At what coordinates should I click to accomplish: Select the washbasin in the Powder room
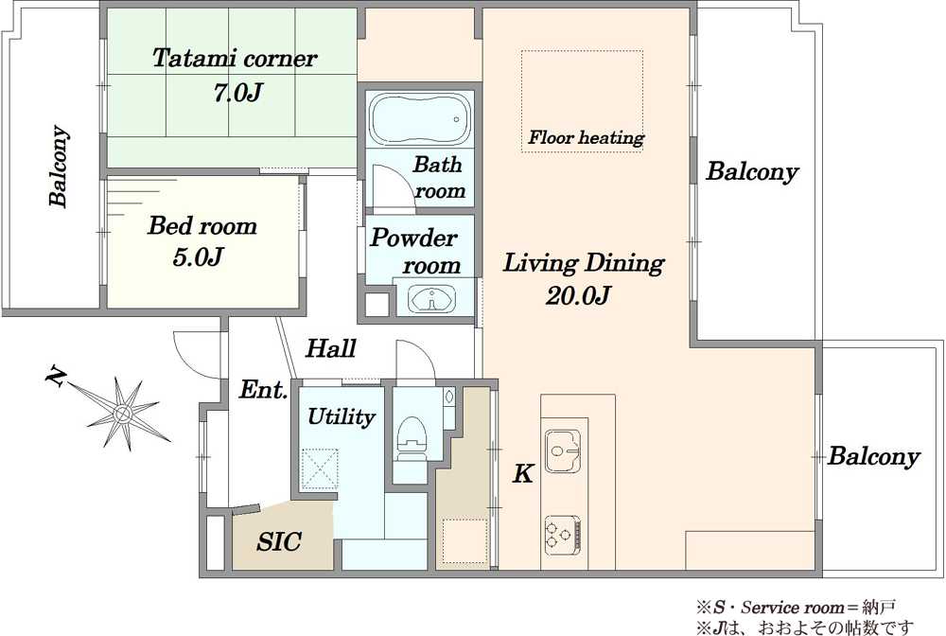[x=432, y=299]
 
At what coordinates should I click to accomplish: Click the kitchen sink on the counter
[x=562, y=450]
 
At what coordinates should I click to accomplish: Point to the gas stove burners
[x=563, y=535]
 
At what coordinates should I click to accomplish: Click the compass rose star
[x=123, y=414]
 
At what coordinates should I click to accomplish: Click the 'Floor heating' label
[x=587, y=137]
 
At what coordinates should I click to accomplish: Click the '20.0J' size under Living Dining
[x=578, y=295]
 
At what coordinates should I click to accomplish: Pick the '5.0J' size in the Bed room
[x=199, y=257]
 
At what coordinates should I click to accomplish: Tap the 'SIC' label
[x=279, y=541]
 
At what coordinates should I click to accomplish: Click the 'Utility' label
[x=342, y=416]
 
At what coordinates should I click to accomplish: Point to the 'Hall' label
[x=330, y=348]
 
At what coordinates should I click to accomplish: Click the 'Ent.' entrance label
[x=263, y=390]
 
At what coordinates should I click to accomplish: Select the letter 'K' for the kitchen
[x=522, y=473]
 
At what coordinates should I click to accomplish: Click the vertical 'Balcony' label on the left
[x=58, y=166]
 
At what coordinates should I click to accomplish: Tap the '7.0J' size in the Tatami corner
[x=237, y=93]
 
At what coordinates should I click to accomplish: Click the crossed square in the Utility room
[x=320, y=469]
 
